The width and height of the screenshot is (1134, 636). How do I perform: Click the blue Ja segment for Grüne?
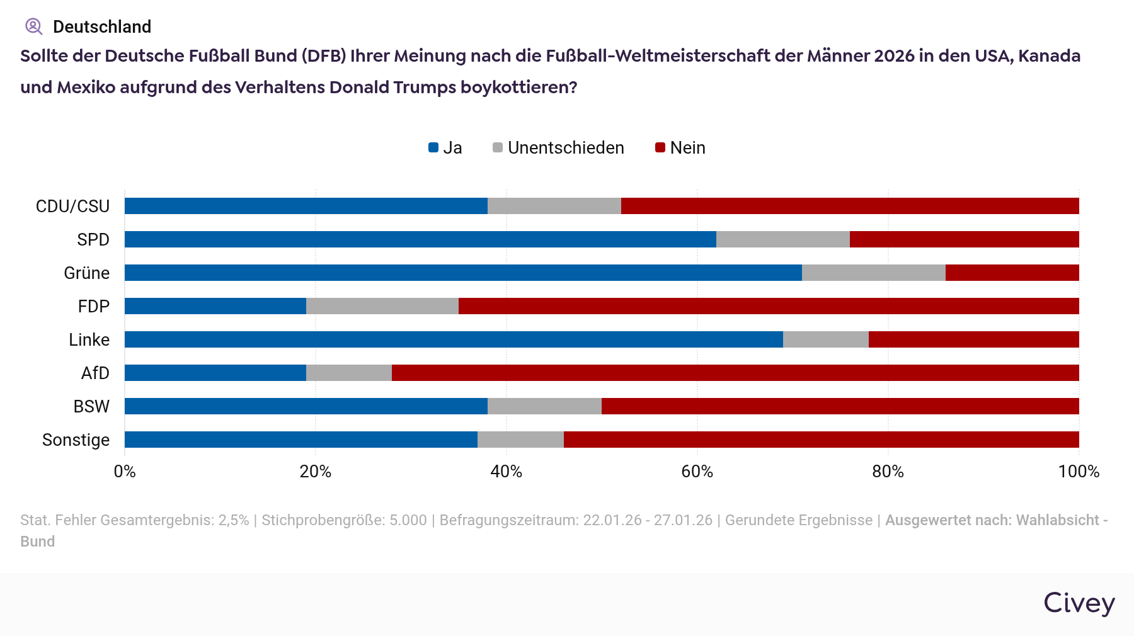(463, 273)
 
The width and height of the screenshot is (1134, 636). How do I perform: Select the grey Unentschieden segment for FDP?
(382, 306)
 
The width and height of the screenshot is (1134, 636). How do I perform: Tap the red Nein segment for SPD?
(964, 239)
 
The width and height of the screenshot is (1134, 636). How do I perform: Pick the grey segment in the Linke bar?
(825, 339)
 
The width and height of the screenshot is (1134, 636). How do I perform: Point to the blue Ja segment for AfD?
(215, 373)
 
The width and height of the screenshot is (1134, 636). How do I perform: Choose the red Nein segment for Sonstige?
(821, 440)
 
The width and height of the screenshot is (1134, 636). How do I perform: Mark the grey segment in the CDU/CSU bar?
(554, 206)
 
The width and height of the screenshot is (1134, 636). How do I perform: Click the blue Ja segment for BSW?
(306, 406)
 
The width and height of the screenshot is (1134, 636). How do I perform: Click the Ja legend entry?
(445, 148)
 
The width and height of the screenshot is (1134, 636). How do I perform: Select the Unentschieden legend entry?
(558, 148)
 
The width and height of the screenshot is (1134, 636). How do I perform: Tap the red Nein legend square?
(660, 148)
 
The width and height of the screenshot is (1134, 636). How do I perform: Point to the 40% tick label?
(507, 472)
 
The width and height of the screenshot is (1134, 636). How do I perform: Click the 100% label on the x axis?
(1079, 472)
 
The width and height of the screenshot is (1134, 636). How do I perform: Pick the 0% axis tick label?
(125, 472)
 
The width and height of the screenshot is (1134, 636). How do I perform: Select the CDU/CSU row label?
(72, 207)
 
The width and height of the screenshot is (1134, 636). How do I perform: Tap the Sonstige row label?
(76, 440)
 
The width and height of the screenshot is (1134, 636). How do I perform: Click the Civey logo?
(1079, 603)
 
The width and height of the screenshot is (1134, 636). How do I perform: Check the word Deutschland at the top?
(102, 26)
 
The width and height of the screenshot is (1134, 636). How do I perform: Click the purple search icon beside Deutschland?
(33, 26)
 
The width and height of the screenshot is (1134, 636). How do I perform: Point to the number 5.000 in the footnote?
(408, 520)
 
